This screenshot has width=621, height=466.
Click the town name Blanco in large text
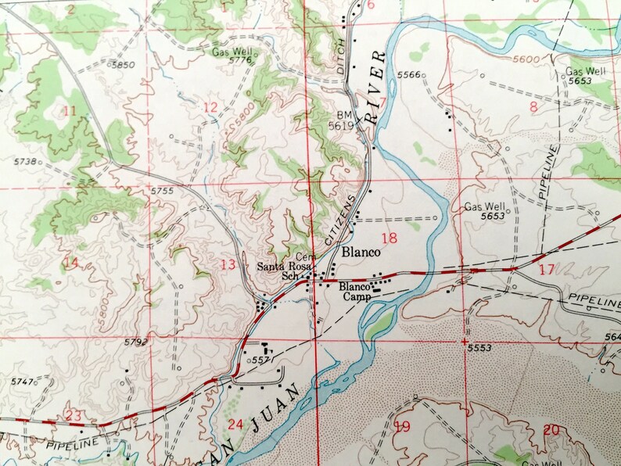pos(361,253)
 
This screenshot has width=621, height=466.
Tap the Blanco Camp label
pos(354,292)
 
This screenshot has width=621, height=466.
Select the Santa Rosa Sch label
pos(282,271)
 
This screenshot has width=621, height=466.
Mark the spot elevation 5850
pos(123,65)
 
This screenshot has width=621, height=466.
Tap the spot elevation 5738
pos(26,161)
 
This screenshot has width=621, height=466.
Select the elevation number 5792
pos(135,342)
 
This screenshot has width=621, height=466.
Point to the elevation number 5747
pos(23,382)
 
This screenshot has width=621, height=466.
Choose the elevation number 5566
pos(408,74)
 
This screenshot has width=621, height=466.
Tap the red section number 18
pos(388,238)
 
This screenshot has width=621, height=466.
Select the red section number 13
pos(228,265)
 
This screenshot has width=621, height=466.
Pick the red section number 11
pos(70,111)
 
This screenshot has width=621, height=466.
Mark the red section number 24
pos(235,425)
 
